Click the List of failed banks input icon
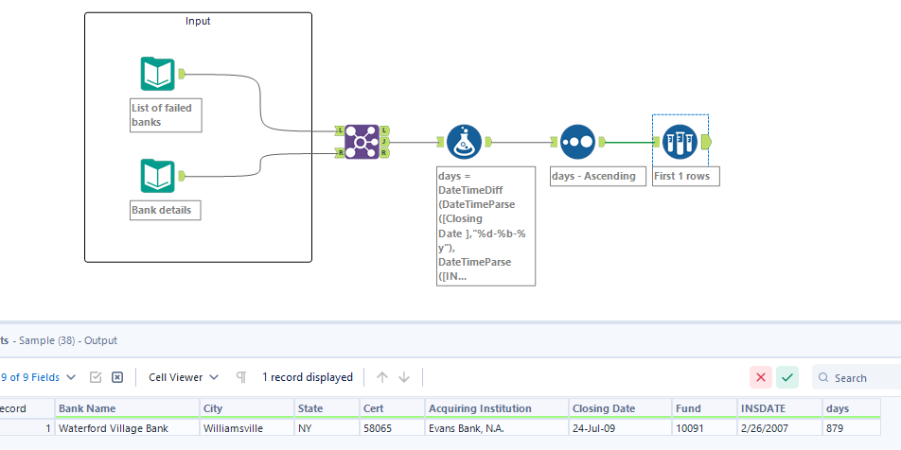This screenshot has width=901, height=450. [x=158, y=74]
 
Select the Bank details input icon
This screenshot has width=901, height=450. [x=158, y=176]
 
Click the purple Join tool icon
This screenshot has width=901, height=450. [x=362, y=142]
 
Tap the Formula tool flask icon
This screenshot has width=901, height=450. [x=464, y=142]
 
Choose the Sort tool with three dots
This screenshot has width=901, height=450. [x=577, y=142]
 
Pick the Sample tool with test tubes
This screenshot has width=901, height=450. [x=680, y=142]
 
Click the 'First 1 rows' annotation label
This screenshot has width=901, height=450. [x=686, y=176]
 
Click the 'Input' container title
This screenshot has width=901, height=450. [x=198, y=21]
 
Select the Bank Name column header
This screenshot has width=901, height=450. [x=87, y=408]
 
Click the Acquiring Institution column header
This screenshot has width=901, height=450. [x=480, y=408]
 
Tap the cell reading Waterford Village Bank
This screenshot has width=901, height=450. [x=114, y=428]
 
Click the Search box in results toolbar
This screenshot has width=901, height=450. [x=857, y=378]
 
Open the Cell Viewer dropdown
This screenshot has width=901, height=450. [x=184, y=377]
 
